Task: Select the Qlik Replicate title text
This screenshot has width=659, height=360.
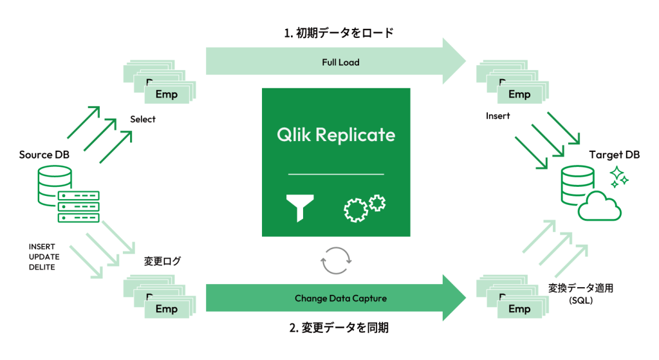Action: [336, 135]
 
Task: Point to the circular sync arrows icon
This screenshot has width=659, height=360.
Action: [335, 261]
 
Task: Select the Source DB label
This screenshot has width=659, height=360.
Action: [44, 155]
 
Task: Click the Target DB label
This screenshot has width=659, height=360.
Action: [614, 155]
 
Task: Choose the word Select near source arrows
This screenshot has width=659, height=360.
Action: [143, 119]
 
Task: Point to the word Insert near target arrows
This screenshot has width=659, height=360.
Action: [498, 116]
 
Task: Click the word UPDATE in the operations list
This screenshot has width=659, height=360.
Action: [44, 257]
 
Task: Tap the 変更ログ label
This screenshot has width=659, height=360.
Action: [163, 261]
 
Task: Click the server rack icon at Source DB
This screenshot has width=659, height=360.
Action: [79, 206]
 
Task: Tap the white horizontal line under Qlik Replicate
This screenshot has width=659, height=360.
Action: [335, 174]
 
